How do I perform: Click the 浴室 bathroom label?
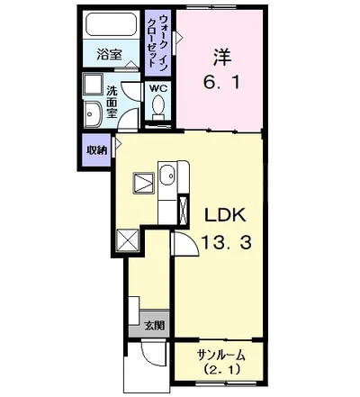(x=109, y=54)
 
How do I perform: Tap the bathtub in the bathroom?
(x=111, y=24)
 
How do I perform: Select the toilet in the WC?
(x=157, y=107)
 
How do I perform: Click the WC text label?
(x=158, y=89)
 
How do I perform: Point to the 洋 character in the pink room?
(x=222, y=57)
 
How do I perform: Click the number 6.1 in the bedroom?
(x=222, y=82)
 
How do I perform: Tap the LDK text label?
(x=225, y=215)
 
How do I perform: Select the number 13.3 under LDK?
(x=226, y=242)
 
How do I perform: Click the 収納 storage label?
(x=97, y=150)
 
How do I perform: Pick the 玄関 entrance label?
(x=155, y=325)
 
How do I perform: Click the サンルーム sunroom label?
(x=221, y=356)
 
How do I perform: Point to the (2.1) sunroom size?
(x=222, y=369)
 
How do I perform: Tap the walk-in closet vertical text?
(x=158, y=42)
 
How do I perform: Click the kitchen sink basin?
(x=166, y=176)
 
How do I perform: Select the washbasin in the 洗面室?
(x=93, y=114)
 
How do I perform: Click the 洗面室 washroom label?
(x=112, y=102)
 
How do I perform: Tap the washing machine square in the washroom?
(x=93, y=85)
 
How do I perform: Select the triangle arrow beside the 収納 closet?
(x=118, y=144)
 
